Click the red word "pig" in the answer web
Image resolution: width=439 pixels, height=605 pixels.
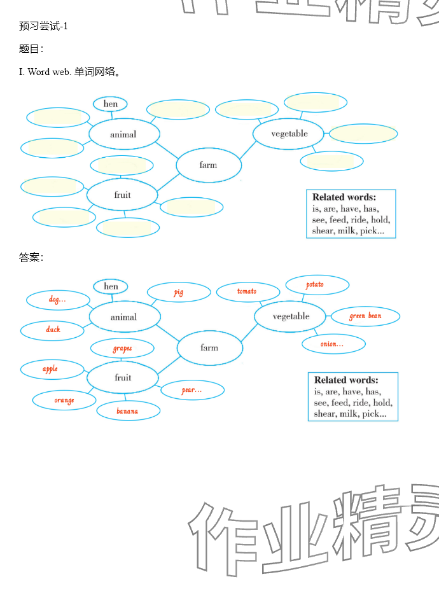[179, 293]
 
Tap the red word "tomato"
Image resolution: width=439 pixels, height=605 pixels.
[247, 291]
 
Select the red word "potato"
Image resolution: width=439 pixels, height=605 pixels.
[315, 284]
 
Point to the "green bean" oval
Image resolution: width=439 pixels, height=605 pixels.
[365, 316]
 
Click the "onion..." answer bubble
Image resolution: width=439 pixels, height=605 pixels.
[333, 344]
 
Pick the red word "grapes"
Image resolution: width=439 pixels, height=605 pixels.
[122, 349]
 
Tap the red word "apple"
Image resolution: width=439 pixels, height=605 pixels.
[50, 369]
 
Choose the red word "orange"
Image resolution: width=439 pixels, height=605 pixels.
[64, 400]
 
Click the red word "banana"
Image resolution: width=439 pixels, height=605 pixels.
[127, 411]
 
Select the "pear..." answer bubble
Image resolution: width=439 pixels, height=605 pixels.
[192, 390]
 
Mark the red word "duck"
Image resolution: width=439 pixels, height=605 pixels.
[53, 330]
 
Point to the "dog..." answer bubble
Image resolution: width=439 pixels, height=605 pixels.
[57, 299]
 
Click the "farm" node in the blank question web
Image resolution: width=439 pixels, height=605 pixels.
[208, 165]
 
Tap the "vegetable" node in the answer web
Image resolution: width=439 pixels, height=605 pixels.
[291, 317]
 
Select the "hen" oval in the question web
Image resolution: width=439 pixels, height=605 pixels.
[110, 104]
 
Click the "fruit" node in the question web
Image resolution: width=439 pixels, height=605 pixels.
[122, 195]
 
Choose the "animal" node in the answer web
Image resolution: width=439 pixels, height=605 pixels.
[123, 317]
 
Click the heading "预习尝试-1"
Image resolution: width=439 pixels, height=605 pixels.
[44, 26]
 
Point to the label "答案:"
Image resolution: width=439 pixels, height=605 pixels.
[31, 258]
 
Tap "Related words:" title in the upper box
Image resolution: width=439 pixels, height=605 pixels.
[344, 197]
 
